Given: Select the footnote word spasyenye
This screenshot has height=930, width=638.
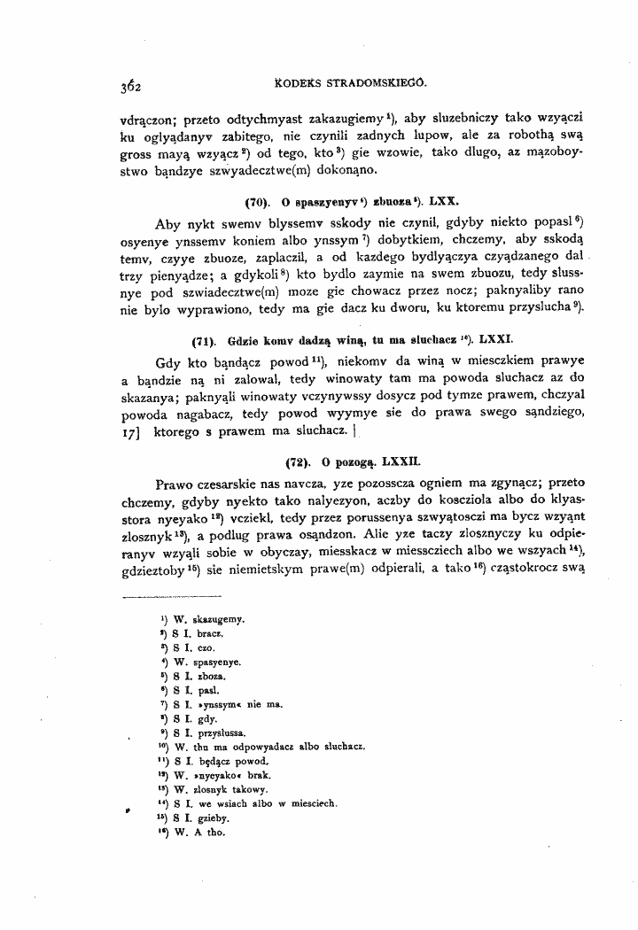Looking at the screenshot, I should (x=212, y=662).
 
